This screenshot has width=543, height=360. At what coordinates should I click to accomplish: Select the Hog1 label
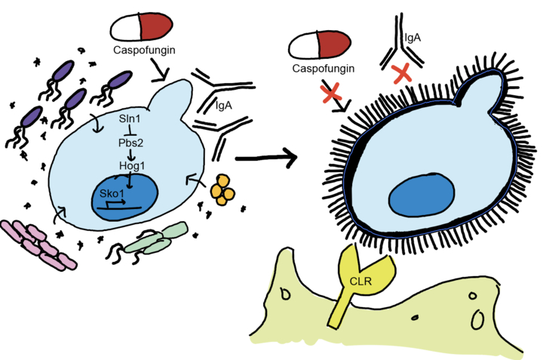click(130, 165)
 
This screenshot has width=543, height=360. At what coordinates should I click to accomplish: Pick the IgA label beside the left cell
click(223, 106)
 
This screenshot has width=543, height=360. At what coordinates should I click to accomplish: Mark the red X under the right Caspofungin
click(330, 94)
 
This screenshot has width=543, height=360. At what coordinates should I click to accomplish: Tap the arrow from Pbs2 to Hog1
click(130, 154)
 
